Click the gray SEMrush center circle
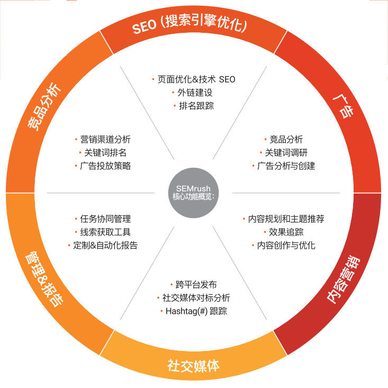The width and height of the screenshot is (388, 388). click(x=194, y=193)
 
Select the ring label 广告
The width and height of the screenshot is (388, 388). click(x=345, y=105)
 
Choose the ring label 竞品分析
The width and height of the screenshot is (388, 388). click(x=44, y=105)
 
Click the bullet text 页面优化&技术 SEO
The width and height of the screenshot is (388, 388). click(x=196, y=79)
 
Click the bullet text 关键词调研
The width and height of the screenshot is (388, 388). click(x=286, y=153)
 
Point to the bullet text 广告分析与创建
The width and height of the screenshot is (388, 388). click(x=286, y=166)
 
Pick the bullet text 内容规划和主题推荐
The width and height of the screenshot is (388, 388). click(x=286, y=219)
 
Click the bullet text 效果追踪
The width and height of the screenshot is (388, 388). click(x=286, y=232)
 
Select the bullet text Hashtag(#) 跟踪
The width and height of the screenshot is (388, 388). click(x=196, y=311)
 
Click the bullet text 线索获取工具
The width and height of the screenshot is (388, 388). click(x=105, y=232)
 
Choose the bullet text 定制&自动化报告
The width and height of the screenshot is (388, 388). click(x=105, y=246)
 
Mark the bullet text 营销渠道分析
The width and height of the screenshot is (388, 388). click(x=105, y=140)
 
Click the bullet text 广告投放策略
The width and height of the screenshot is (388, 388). click(x=105, y=166)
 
